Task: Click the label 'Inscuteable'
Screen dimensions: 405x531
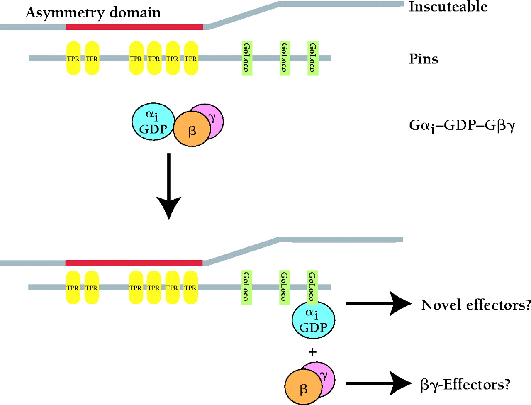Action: [448, 7]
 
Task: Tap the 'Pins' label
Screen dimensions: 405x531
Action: [424, 59]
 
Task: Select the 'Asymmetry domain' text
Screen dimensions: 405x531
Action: [93, 13]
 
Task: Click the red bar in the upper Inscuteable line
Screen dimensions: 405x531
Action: [134, 27]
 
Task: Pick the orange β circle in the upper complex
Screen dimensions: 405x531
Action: [192, 129]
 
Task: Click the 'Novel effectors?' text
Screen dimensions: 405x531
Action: [475, 305]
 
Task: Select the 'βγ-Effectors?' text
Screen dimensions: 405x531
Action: [465, 385]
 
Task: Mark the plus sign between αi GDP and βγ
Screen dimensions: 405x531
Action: [312, 352]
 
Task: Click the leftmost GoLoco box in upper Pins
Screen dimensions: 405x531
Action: [247, 58]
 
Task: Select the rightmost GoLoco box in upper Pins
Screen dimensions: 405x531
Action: [313, 58]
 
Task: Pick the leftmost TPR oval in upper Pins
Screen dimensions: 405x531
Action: [73, 58]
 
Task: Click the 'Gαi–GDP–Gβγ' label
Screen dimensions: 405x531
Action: [462, 125]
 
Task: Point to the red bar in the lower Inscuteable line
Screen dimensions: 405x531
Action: [134, 263]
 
